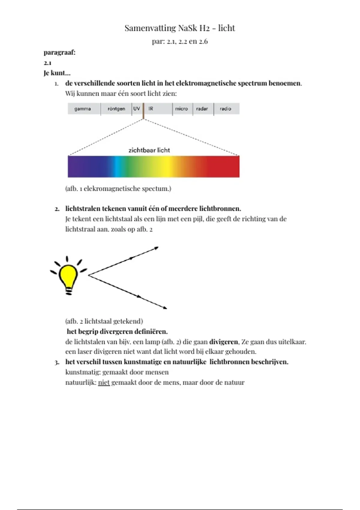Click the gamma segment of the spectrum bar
pyautogui.click(x=82, y=109)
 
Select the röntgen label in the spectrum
pyautogui.click(x=116, y=109)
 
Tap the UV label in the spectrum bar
pyautogui.click(x=136, y=109)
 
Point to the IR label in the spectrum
pyautogui.click(x=151, y=109)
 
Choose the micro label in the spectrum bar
pyautogui.click(x=181, y=109)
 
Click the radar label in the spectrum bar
pyautogui.click(x=202, y=109)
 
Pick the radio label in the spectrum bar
pyautogui.click(x=225, y=109)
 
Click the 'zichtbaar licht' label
pyautogui.click(x=149, y=150)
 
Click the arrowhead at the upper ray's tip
pyautogui.click(x=156, y=248)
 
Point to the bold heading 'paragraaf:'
pyautogui.click(x=59, y=52)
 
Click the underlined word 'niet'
pyautogui.click(x=104, y=382)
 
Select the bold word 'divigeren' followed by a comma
pyautogui.click(x=223, y=342)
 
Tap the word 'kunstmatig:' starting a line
pyautogui.click(x=83, y=372)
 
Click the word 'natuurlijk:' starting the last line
pyautogui.click(x=81, y=382)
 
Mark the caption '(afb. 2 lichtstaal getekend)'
pyautogui.click(x=104, y=321)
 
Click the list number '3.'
pyautogui.click(x=57, y=362)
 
